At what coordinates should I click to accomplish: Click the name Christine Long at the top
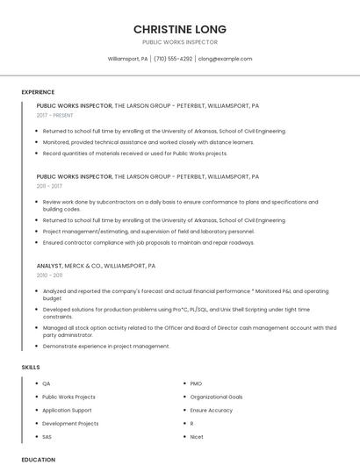[x=180, y=28]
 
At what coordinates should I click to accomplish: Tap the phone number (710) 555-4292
[x=173, y=59]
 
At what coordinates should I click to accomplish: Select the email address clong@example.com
[x=225, y=59]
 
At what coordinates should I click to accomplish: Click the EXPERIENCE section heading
[x=38, y=91]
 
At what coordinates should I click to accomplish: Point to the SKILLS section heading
[x=31, y=367]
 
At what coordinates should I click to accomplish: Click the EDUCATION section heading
[x=38, y=459]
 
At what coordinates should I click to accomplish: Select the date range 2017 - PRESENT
[x=55, y=115]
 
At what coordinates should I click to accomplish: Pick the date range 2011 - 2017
[x=49, y=186]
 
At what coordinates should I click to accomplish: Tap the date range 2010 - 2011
[x=49, y=275]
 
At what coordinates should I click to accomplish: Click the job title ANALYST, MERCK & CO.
[x=96, y=265]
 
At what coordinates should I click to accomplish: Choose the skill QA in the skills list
[x=47, y=383]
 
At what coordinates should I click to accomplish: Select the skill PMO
[x=196, y=383]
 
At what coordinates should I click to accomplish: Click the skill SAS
[x=47, y=436]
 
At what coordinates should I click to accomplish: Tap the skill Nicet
[x=197, y=436]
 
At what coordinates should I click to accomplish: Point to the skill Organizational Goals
[x=216, y=397]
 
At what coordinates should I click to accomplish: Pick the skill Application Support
[x=67, y=410]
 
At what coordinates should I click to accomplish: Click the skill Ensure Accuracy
[x=212, y=410]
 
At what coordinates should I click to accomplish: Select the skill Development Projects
[x=70, y=423]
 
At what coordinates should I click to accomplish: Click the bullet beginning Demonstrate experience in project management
[x=106, y=346]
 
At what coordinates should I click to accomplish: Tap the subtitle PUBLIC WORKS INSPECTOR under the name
[x=180, y=42]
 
